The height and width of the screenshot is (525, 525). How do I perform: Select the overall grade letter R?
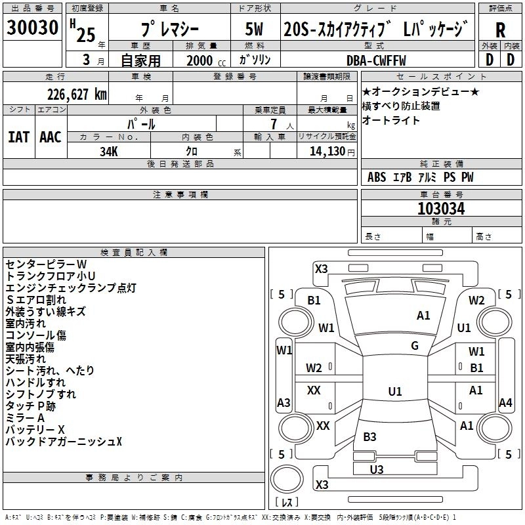[x=500, y=30]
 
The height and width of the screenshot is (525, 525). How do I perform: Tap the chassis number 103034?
[x=441, y=209]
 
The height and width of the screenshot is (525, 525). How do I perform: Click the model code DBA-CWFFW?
[x=376, y=60]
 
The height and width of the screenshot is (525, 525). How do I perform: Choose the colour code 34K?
[x=108, y=151]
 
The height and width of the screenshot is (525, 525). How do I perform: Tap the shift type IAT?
[x=19, y=136]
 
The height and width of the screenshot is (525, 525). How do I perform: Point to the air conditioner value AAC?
[x=51, y=136]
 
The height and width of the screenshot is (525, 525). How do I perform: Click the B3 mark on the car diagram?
[x=369, y=436]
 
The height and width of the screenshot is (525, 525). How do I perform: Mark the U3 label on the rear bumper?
[x=376, y=469]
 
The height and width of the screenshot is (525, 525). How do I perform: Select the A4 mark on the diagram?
[x=505, y=403]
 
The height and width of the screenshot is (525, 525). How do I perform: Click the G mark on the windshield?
[x=415, y=345]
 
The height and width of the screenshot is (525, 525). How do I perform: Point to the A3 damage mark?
[x=283, y=403]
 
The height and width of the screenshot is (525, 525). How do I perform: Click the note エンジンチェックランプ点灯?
[x=71, y=287]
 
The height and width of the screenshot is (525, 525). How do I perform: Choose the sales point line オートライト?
[x=391, y=121]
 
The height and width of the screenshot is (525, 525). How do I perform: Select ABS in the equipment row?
[x=377, y=177]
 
